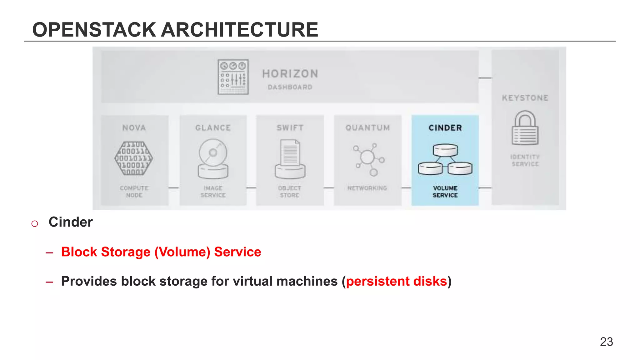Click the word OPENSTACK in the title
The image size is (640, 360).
click(94, 30)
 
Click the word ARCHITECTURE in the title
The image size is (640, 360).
click(240, 30)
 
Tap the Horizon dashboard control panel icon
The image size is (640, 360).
click(233, 77)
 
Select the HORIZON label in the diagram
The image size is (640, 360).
click(290, 74)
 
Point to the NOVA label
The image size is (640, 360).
click(134, 128)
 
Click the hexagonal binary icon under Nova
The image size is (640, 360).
click(134, 158)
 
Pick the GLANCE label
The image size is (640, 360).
click(213, 128)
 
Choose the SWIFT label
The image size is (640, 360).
click(290, 128)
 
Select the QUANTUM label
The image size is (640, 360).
click(368, 128)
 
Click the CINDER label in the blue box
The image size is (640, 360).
click(445, 128)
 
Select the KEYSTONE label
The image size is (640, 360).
click(525, 98)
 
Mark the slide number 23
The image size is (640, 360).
click(606, 342)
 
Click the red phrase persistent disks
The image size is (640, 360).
click(396, 281)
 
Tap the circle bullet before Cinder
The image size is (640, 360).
click(35, 223)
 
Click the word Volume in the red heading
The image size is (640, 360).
click(182, 252)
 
